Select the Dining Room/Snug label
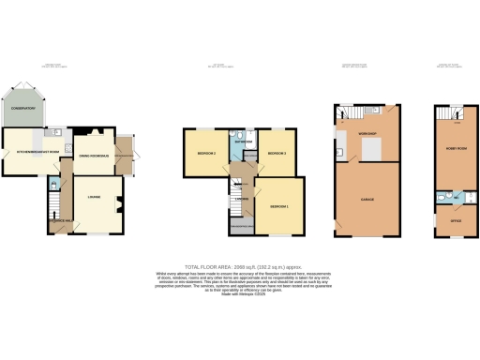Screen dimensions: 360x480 (x=94, y=155)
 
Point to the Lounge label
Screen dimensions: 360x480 (x=94, y=196)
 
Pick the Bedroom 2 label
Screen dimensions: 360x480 (x=206, y=153)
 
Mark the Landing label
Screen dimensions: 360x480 (x=241, y=197)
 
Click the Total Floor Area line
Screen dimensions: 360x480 (x=240, y=266)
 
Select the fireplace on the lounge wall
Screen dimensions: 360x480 (x=121, y=198)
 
